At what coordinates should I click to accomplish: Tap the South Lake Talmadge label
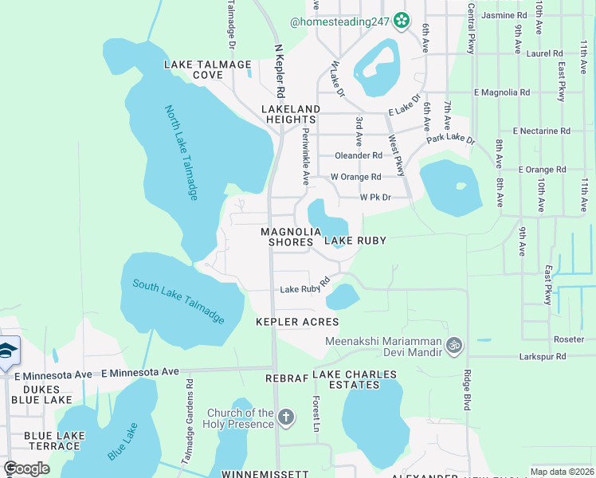click(178, 300)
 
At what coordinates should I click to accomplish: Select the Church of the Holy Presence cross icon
click(286, 417)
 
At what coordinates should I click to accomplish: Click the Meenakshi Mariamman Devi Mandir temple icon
click(454, 345)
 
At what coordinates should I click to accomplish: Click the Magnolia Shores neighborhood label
click(285, 237)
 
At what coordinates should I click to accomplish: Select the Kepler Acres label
click(297, 322)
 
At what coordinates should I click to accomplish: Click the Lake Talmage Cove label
click(207, 69)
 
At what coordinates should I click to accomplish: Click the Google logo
click(26, 468)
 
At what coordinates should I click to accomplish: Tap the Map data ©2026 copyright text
click(561, 472)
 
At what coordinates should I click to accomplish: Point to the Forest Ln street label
click(316, 413)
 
